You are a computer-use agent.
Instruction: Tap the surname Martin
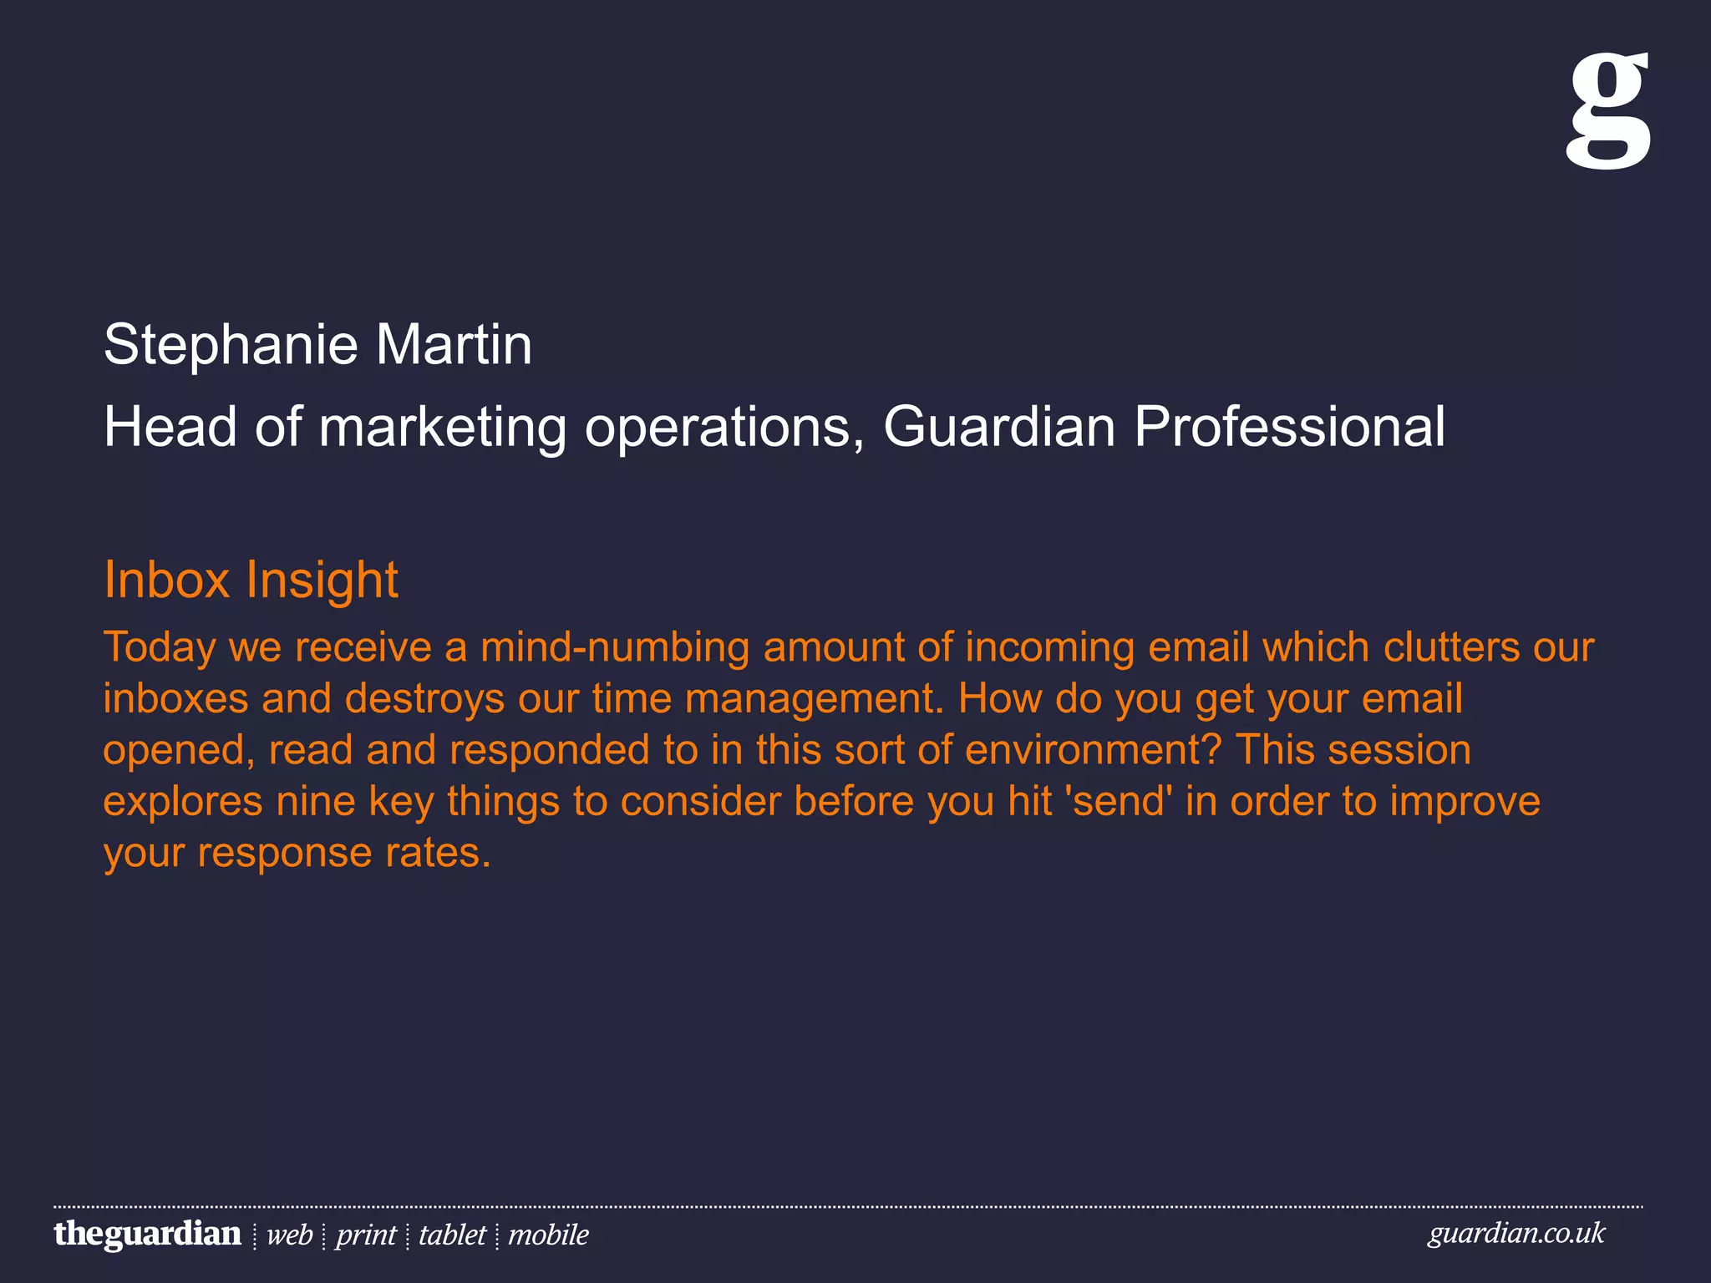[x=454, y=345]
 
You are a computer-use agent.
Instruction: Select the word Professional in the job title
[x=1289, y=427]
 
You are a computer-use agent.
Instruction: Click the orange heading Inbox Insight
[x=251, y=580]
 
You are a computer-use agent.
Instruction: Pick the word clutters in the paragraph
[x=1451, y=647]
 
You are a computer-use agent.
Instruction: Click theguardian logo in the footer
[x=148, y=1234]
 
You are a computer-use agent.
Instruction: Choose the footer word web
[x=289, y=1235]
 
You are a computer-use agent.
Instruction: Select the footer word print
[x=366, y=1235]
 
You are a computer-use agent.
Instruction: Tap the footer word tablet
[x=452, y=1235]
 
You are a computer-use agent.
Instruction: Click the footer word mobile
[x=548, y=1235]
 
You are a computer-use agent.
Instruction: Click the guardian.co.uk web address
[x=1516, y=1234]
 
